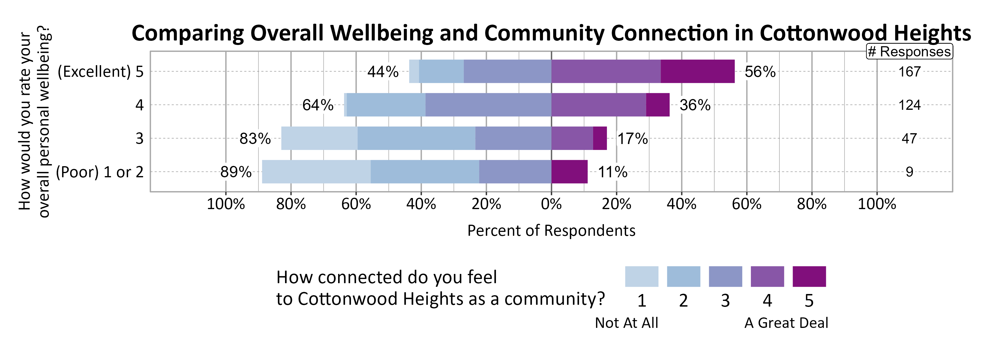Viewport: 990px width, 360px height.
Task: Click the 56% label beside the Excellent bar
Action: (760, 72)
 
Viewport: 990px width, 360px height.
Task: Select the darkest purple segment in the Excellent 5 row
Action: (697, 71)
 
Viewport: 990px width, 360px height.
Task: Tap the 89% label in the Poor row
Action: (235, 172)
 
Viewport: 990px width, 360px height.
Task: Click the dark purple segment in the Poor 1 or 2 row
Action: (569, 172)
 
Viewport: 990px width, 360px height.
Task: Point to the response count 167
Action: (909, 72)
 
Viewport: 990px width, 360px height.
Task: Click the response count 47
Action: (909, 138)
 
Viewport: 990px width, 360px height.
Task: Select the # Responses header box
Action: (909, 52)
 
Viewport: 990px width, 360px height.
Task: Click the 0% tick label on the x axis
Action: (551, 204)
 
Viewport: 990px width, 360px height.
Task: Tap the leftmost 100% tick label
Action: (226, 204)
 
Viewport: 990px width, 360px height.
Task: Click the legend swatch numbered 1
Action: (641, 276)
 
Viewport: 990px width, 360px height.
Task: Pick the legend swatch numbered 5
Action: (809, 276)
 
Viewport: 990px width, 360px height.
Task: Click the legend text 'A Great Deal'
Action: (786, 323)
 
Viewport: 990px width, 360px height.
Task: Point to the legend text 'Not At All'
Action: (626, 323)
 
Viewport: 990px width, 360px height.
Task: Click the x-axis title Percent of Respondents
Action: (551, 230)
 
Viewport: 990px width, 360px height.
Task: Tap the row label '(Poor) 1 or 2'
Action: (100, 172)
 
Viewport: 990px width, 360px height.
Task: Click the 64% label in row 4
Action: (318, 105)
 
